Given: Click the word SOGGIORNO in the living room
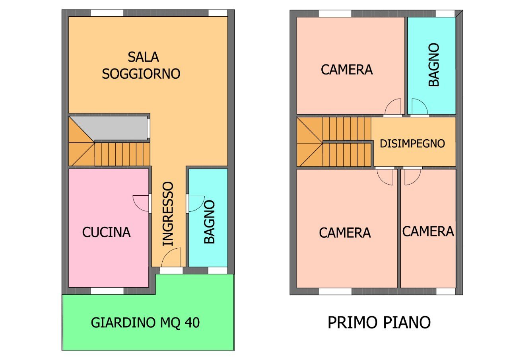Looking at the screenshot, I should (141, 74).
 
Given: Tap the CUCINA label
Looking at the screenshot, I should (106, 232).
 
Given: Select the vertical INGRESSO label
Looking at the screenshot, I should (168, 214).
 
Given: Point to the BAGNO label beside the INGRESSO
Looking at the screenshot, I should (209, 222).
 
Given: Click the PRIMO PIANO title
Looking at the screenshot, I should (379, 322).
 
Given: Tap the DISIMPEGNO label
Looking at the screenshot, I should (412, 144).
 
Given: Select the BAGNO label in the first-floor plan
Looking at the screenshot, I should (433, 65).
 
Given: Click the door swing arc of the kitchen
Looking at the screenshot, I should (140, 203).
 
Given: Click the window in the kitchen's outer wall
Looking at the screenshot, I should (107, 291).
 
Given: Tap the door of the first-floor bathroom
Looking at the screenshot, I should (419, 107).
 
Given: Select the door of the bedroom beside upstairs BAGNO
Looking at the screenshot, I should (393, 107).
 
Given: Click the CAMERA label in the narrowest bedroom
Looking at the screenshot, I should (428, 232).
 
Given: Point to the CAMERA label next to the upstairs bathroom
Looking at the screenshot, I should (346, 70).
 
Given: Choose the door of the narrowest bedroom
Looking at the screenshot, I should (412, 177).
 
